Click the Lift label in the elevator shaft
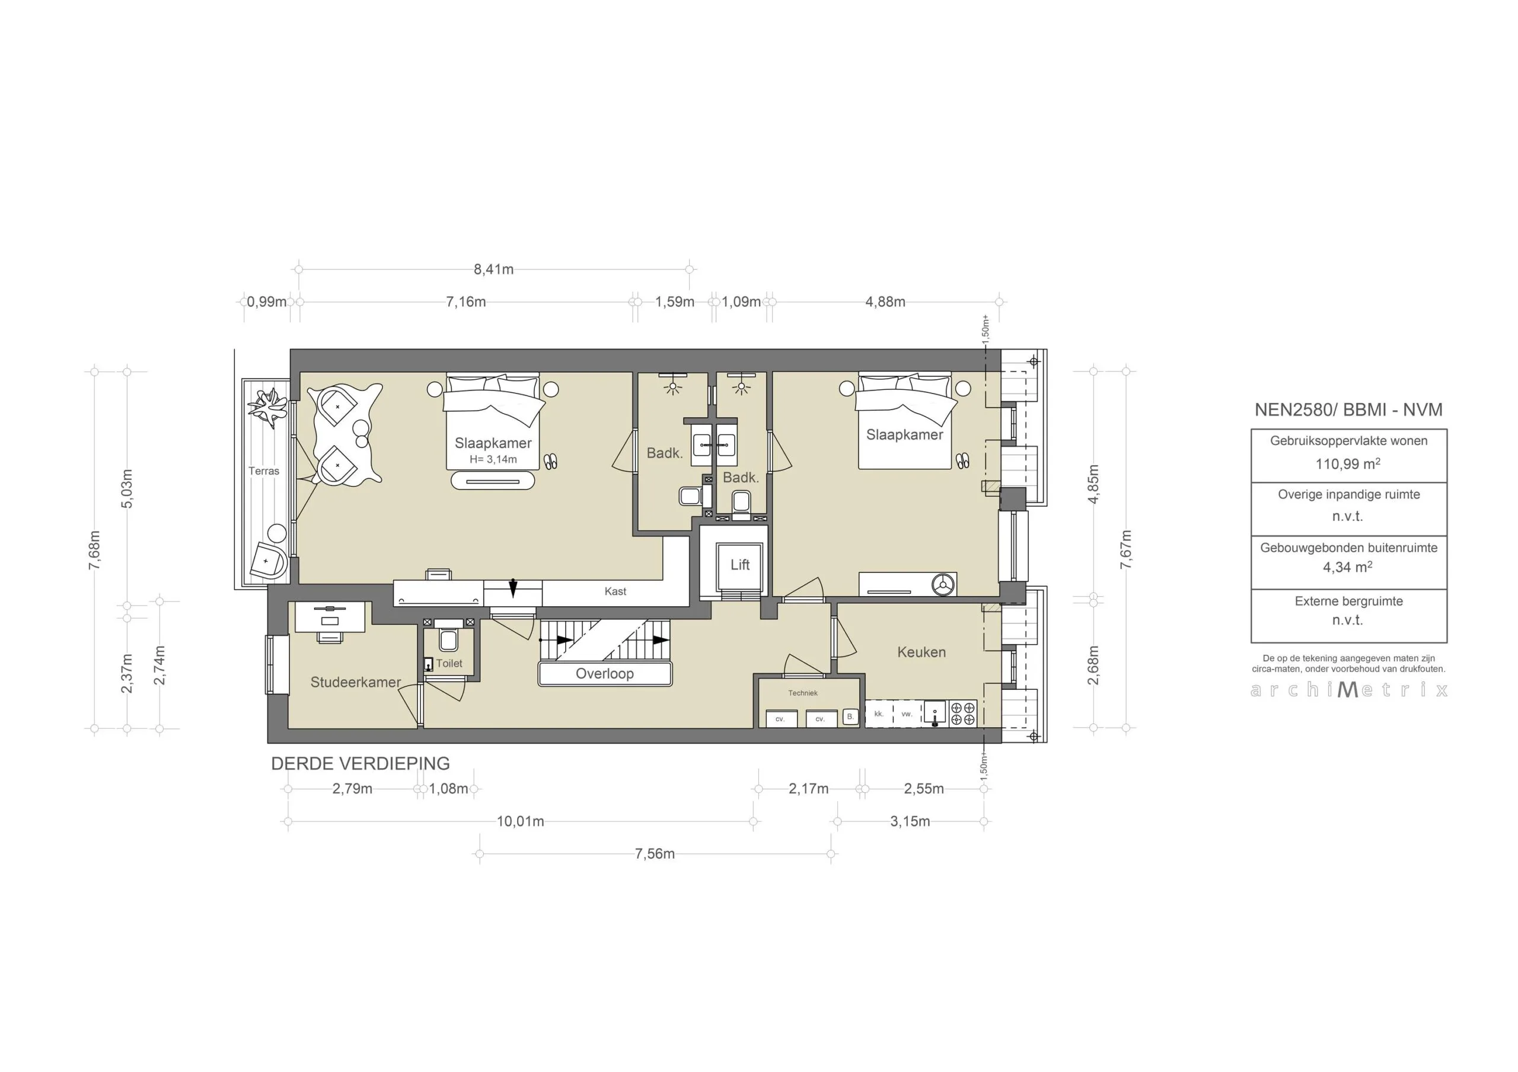[740, 564]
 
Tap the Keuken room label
[921, 652]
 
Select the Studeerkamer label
[356, 682]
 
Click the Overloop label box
[604, 673]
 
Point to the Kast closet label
[615, 591]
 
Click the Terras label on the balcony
[264, 471]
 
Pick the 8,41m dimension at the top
[493, 269]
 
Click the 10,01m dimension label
[520, 821]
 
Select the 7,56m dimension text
[655, 854]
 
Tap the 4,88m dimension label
[885, 302]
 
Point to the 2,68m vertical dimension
[1093, 665]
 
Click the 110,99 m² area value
[1347, 464]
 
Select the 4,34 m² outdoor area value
[1347, 567]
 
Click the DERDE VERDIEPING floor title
[361, 763]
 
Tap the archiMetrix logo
[1349, 690]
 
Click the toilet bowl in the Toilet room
[448, 641]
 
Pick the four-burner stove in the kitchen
[962, 714]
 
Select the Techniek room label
[803, 693]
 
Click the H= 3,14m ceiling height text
[493, 459]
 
